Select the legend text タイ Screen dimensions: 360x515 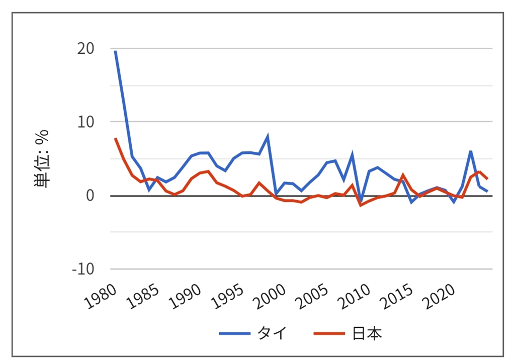tap(272, 333)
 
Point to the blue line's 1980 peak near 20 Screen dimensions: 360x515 tap(115, 51)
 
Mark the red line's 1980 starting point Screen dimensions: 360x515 tap(115, 139)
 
